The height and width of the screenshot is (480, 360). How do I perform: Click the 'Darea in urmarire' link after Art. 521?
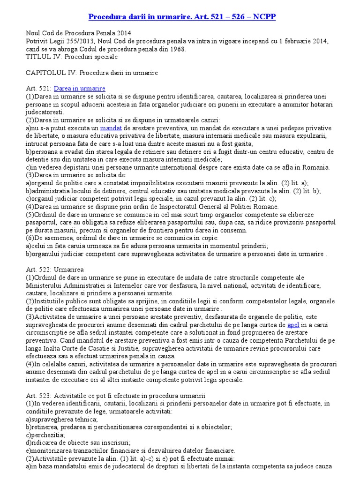tap(80, 89)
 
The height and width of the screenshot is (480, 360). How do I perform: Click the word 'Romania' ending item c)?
tap(316, 167)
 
